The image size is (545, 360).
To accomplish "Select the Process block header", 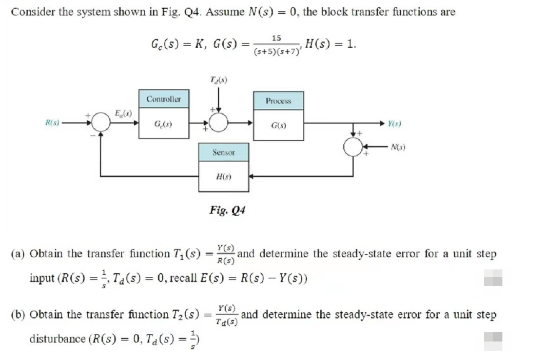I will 278,101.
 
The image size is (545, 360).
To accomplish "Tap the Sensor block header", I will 224,153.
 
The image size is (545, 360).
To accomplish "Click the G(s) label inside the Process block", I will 278,125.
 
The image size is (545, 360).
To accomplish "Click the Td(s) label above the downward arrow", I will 219,80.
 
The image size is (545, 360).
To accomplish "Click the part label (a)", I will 19,254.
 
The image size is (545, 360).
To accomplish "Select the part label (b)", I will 19,314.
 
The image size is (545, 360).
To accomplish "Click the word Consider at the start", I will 30,12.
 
